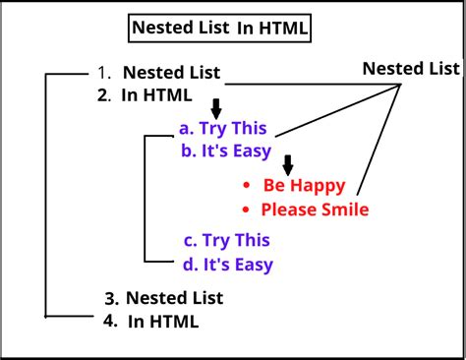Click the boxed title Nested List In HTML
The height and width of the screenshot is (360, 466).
coord(221,29)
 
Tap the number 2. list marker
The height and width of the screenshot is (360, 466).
coord(105,94)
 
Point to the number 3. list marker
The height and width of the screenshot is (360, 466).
coord(112,297)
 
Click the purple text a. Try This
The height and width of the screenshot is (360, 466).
coord(223,128)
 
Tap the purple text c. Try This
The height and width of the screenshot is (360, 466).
coord(226,240)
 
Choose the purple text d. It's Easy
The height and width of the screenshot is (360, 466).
coord(227,264)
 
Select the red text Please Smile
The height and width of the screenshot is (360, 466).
coord(315,209)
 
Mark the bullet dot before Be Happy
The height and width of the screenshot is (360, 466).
coord(247,186)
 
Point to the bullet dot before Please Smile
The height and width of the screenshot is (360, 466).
coord(247,210)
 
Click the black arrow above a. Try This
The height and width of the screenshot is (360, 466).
coord(215,107)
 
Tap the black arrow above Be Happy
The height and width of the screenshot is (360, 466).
coord(288,163)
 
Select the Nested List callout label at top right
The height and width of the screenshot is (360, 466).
coord(411,68)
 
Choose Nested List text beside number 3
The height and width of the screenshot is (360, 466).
coord(175,297)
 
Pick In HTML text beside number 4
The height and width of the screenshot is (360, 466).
coord(163,321)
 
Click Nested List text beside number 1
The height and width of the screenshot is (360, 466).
coord(172,73)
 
